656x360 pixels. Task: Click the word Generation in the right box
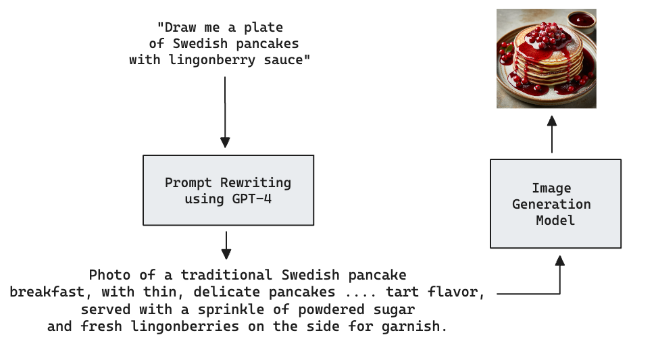551,204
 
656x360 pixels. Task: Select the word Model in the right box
555,220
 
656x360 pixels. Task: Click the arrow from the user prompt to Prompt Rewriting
225,111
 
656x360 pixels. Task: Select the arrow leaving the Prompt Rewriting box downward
226,245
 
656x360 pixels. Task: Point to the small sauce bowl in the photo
580,20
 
